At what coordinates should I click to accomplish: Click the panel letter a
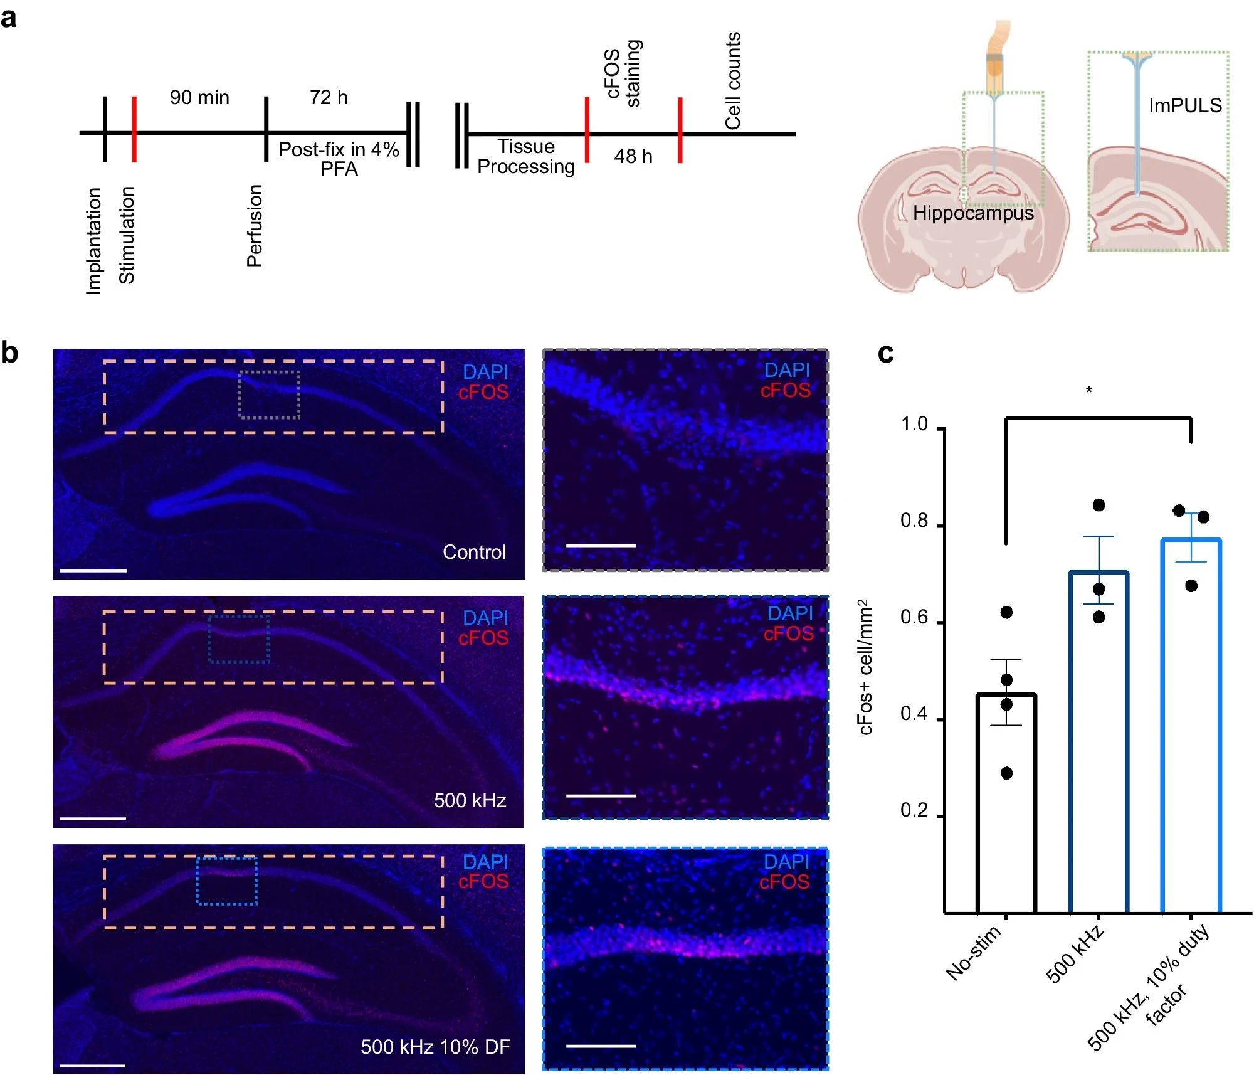point(9,18)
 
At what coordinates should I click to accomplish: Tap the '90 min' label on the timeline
point(199,97)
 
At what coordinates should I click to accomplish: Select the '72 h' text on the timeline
point(329,97)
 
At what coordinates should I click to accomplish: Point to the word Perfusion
point(254,226)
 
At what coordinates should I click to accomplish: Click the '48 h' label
point(633,156)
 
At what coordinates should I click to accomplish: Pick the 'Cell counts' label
point(732,80)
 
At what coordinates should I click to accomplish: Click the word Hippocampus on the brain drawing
point(973,213)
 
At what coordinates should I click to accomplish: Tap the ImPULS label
point(1185,105)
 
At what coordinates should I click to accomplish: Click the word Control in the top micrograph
point(474,552)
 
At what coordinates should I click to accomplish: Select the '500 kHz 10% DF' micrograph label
point(435,1047)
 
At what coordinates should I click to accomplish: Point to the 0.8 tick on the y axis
point(914,521)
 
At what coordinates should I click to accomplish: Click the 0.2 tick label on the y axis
point(914,810)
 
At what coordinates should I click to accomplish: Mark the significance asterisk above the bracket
point(1089,391)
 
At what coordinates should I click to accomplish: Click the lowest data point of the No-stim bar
point(1006,773)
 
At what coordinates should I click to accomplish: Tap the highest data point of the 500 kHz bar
point(1099,505)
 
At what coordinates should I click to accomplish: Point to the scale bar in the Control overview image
point(93,571)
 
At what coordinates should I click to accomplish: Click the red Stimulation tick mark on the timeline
point(134,129)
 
